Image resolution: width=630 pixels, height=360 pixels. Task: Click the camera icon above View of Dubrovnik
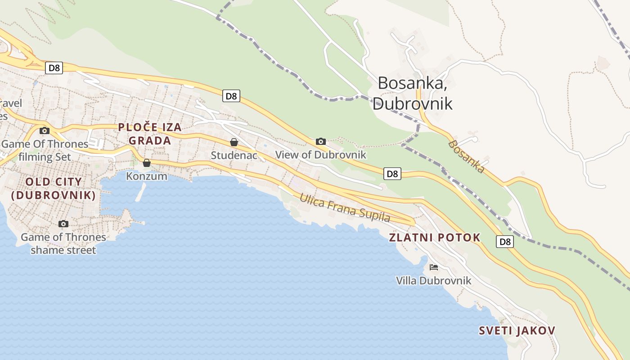tap(320, 141)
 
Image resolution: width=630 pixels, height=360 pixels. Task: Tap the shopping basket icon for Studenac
tap(234, 142)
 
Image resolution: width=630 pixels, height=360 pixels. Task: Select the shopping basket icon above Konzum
tap(146, 163)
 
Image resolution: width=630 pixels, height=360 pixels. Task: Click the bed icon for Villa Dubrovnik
tap(433, 267)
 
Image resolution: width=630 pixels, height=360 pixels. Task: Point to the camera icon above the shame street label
tap(63, 224)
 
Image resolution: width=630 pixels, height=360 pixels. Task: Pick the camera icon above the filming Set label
tap(45, 130)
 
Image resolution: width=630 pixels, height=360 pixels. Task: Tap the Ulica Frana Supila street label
tap(345, 207)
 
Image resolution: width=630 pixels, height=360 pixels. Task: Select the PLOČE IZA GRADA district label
tap(150, 134)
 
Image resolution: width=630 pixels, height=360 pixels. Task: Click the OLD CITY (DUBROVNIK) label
tap(54, 189)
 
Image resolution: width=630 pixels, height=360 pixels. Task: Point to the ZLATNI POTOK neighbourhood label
tap(435, 238)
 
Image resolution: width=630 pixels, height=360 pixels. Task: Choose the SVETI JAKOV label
tap(517, 331)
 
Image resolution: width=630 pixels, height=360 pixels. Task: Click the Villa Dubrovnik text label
tap(433, 281)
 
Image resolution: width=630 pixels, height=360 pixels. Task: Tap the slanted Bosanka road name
tap(467, 157)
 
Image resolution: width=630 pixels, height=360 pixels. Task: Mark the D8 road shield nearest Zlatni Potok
tap(505, 242)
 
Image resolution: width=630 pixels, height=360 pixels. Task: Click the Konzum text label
tap(146, 176)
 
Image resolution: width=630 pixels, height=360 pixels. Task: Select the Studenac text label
tap(234, 155)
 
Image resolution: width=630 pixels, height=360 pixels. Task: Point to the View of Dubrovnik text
tap(320, 155)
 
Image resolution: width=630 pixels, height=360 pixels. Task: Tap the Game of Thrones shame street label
tap(63, 243)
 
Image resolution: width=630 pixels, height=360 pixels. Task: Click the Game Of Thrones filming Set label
tap(45, 150)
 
